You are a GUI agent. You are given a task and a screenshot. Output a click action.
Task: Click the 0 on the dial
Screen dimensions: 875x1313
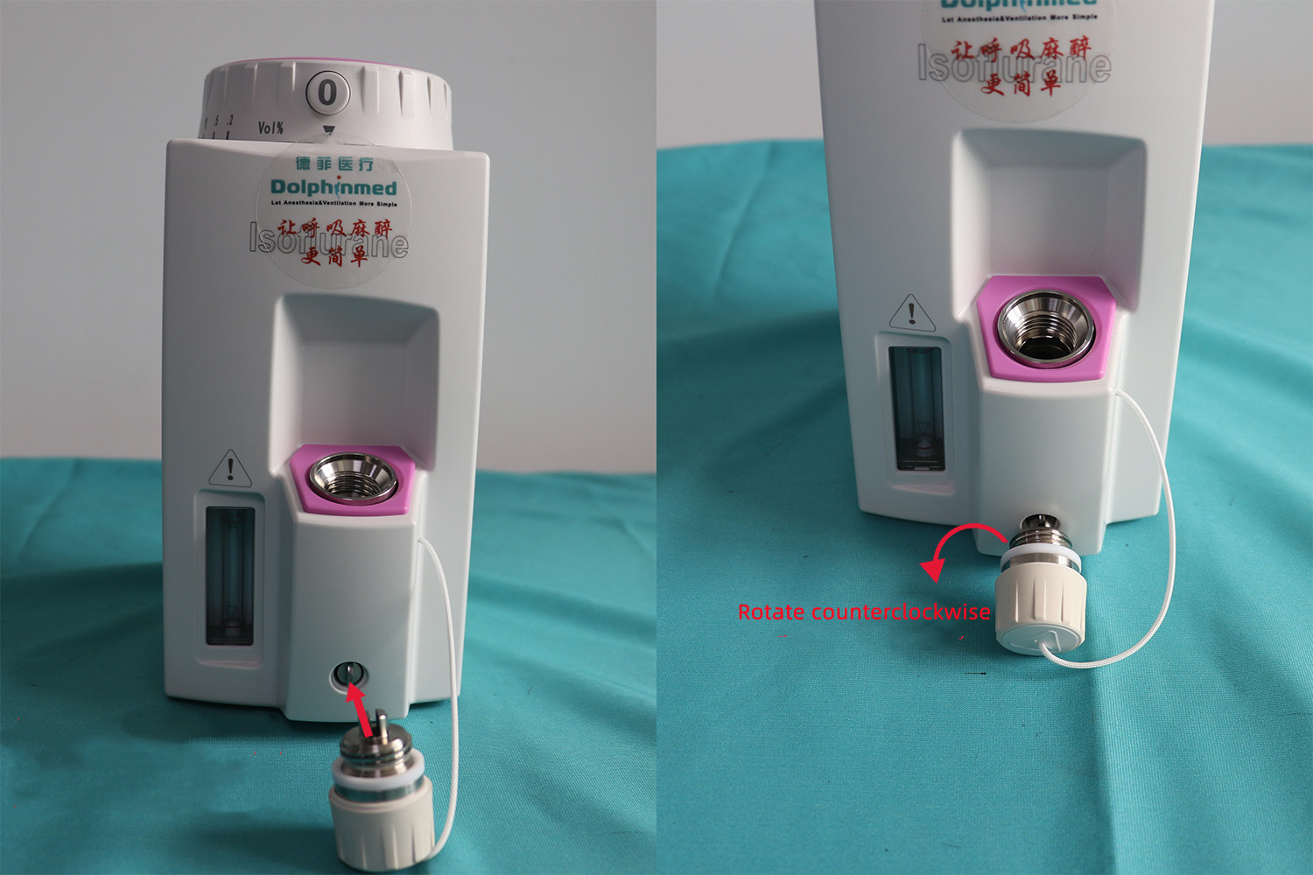click(327, 92)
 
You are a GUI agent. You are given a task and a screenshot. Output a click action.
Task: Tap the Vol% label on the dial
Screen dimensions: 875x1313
click(270, 128)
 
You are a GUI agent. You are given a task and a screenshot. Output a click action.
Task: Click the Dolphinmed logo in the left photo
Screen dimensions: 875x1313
click(333, 187)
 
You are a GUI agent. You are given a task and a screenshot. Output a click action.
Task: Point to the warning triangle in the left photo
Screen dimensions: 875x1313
click(230, 469)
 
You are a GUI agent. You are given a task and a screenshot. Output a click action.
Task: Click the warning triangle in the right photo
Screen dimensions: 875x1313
click(911, 312)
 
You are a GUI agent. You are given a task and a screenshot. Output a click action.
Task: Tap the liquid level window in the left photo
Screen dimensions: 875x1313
click(230, 573)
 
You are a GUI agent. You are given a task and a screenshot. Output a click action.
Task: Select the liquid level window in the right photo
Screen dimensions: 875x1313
click(916, 407)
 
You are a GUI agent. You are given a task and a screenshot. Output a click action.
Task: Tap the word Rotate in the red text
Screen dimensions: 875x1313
click(770, 612)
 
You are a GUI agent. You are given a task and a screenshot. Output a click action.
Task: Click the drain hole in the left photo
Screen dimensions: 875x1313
click(349, 674)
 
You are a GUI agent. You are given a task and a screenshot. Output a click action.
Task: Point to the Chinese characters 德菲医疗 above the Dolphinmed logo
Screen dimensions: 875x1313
click(334, 164)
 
